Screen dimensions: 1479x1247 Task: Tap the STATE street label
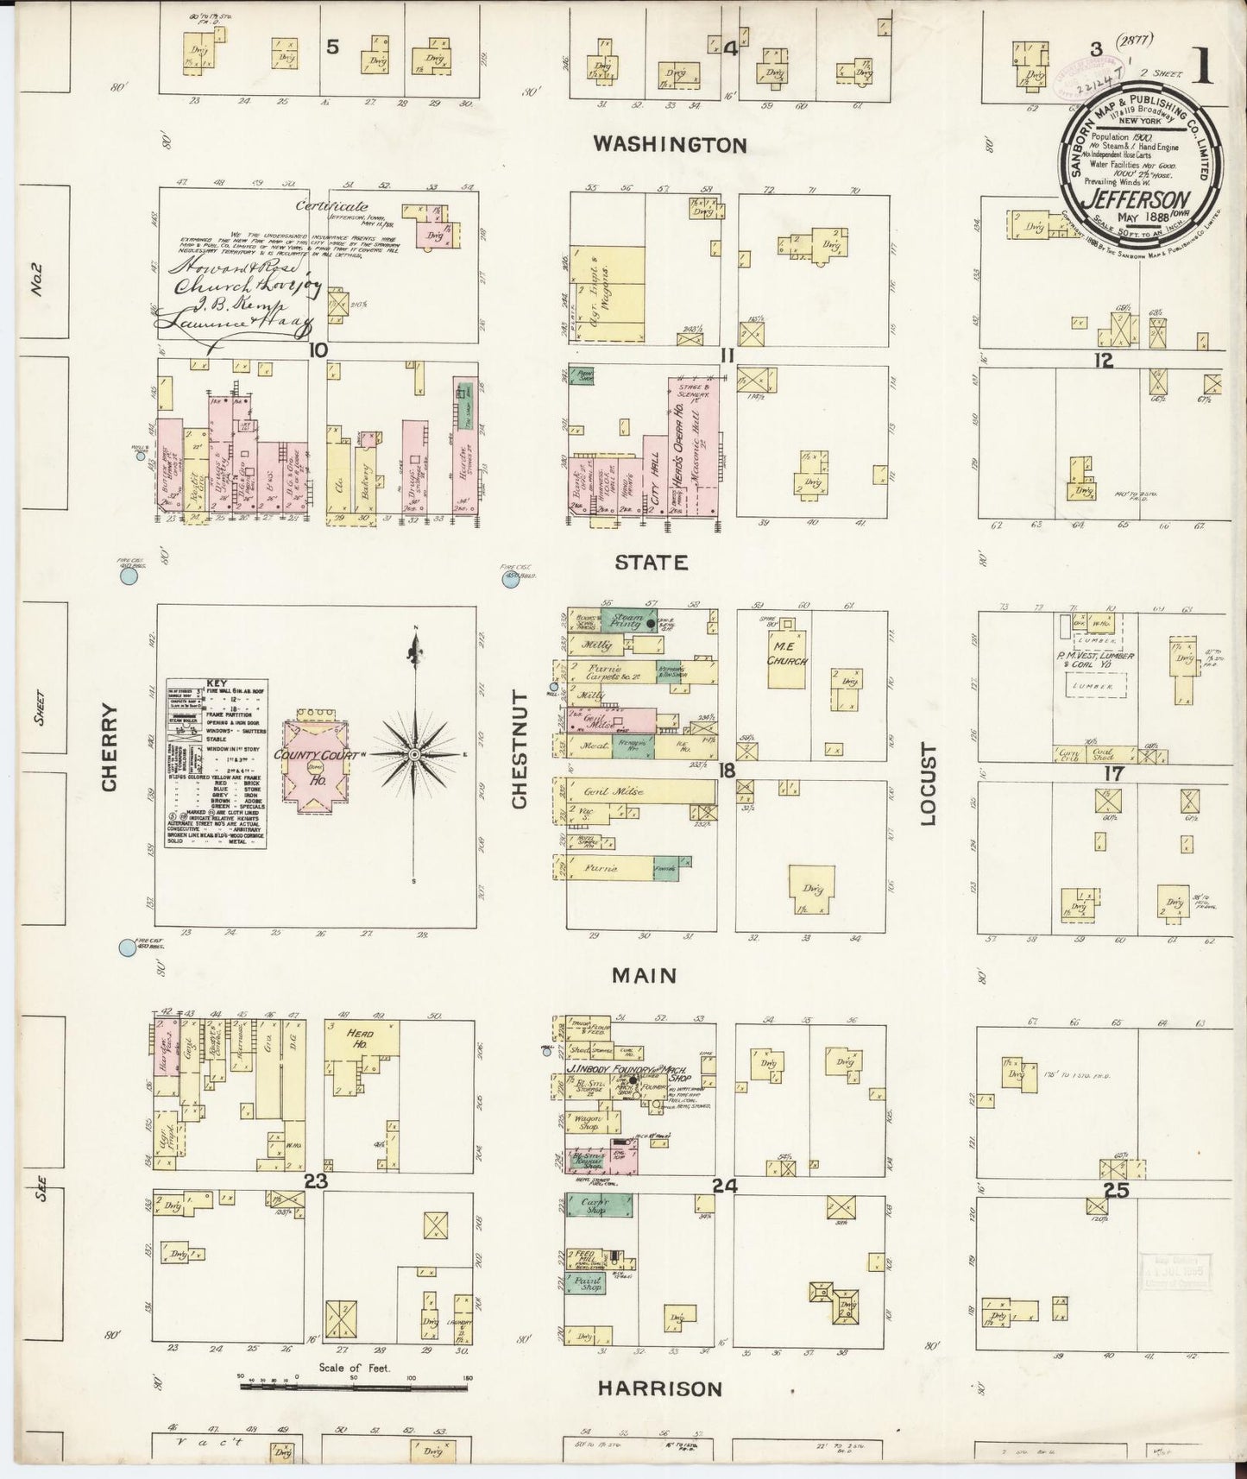tap(652, 563)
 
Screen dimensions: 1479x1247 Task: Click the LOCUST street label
tap(929, 784)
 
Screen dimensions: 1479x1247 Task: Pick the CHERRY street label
tap(110, 747)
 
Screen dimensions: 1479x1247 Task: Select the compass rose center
tap(415, 754)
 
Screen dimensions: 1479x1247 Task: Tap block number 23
tap(315, 1181)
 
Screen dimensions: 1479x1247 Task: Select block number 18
tap(727, 769)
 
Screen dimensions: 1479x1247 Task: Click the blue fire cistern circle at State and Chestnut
tap(510, 580)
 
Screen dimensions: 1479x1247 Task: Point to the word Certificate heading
tap(331, 206)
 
